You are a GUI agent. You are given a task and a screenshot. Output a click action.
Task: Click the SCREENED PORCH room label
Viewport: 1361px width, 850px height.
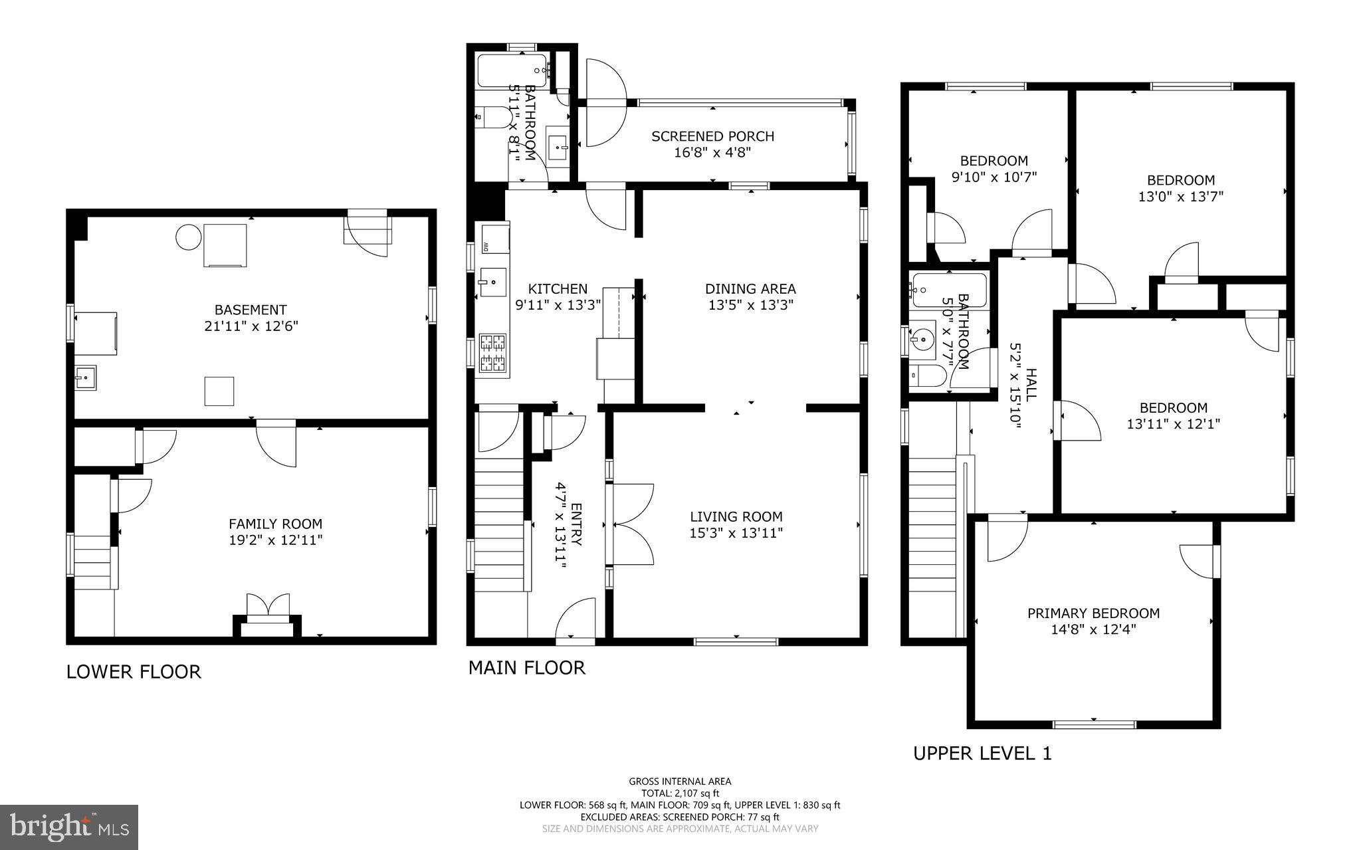[x=712, y=136]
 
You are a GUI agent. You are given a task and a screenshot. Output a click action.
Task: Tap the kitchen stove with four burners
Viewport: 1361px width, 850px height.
[x=493, y=353]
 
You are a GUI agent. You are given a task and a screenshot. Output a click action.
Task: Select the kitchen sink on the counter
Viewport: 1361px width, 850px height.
[x=492, y=282]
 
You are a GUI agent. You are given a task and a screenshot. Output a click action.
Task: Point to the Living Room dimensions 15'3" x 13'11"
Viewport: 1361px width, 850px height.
[x=736, y=532]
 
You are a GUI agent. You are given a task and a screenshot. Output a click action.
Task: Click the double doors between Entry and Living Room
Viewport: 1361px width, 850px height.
[x=631, y=524]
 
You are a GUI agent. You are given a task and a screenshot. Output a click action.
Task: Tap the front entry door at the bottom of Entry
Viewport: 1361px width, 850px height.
[x=576, y=619]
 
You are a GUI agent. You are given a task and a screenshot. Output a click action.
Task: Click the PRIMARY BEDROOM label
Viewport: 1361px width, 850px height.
[x=1093, y=613]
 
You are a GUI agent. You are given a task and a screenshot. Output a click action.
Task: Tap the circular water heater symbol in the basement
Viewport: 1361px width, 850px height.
[x=188, y=237]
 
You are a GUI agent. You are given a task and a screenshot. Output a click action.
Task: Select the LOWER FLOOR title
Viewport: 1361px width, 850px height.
[x=134, y=672]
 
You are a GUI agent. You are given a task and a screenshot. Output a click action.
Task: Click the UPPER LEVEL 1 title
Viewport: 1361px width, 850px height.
[x=982, y=754]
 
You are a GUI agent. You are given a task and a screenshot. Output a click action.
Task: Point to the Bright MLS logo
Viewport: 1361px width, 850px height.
[x=69, y=827]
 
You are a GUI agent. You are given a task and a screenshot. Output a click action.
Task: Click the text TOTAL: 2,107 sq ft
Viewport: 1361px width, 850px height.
[x=680, y=793]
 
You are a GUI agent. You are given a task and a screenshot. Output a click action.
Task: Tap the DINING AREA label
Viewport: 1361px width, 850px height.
[x=750, y=288]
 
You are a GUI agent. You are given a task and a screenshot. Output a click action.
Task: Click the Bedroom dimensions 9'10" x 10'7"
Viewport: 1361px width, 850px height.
[x=994, y=177]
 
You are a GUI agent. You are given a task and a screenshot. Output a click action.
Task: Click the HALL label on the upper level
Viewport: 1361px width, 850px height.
[x=1031, y=385]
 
